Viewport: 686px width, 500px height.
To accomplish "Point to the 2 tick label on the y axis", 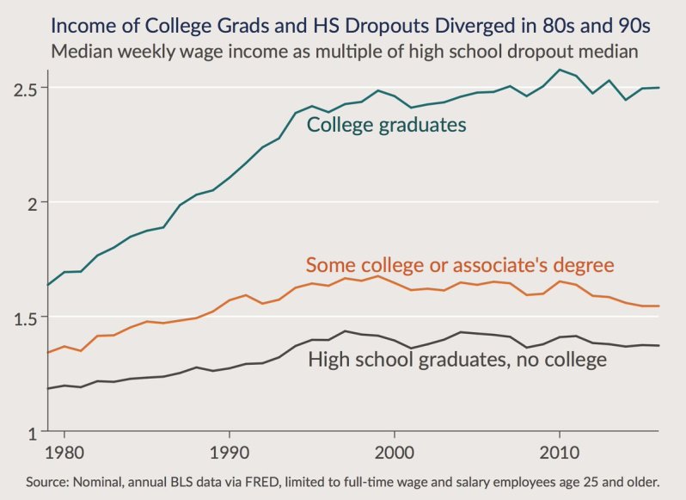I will coord(32,203).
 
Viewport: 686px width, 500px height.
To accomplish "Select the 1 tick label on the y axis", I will coord(32,431).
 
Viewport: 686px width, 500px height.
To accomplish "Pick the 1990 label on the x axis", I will coord(229,450).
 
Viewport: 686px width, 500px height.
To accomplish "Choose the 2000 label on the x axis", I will coord(394,450).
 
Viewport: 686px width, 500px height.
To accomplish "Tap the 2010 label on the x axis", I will coord(560,450).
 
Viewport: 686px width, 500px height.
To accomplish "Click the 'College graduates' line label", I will coord(387,125).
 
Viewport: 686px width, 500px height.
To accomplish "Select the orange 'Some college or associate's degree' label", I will coord(460,264).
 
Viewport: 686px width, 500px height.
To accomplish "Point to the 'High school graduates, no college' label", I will coord(457,359).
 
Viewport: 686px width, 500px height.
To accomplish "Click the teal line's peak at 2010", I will coord(560,70).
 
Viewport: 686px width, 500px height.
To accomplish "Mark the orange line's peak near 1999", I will coord(377,275).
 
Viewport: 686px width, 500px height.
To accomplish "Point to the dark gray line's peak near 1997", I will coord(345,330).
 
